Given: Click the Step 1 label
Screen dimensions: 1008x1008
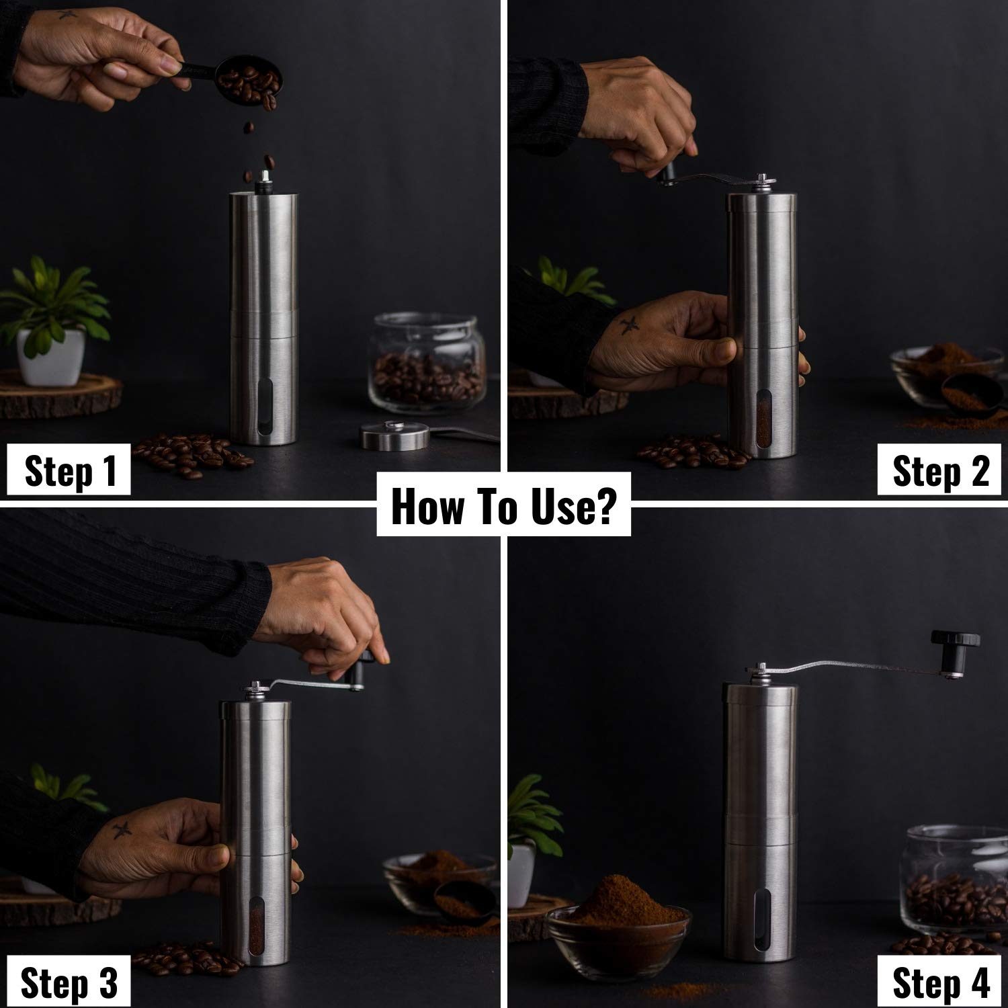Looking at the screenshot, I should (x=70, y=471).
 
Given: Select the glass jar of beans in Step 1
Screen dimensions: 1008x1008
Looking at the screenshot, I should (x=427, y=366).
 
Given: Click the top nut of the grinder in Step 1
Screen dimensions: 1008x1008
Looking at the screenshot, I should (x=264, y=177).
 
